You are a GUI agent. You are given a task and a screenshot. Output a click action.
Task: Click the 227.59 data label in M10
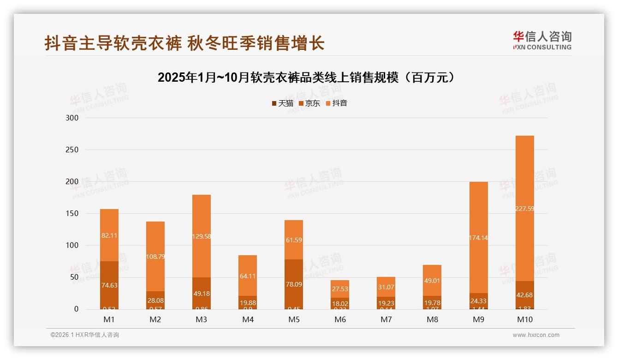point(524,209)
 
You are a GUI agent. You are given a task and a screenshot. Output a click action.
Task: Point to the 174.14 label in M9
point(478,238)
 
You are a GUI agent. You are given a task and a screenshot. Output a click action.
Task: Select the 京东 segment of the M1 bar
point(109,285)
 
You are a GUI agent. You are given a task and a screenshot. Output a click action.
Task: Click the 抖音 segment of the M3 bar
point(202,236)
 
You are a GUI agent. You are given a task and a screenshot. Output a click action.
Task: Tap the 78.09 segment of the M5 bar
point(294,284)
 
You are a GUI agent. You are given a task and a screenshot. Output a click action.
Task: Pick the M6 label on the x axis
point(340,319)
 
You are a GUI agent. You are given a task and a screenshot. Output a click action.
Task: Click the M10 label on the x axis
point(524,319)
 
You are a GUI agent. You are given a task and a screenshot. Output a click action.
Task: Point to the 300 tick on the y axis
point(73,118)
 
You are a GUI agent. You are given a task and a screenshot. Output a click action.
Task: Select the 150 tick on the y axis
point(73,214)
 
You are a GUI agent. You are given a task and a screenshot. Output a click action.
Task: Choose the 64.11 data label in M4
point(248,276)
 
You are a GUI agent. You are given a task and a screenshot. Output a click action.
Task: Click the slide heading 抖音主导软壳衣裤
point(184,43)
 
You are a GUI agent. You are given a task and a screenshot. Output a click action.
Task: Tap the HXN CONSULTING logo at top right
point(542,41)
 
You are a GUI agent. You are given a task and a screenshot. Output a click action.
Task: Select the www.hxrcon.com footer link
point(536,335)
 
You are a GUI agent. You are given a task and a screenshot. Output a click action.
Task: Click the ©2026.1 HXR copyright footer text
point(85,335)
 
